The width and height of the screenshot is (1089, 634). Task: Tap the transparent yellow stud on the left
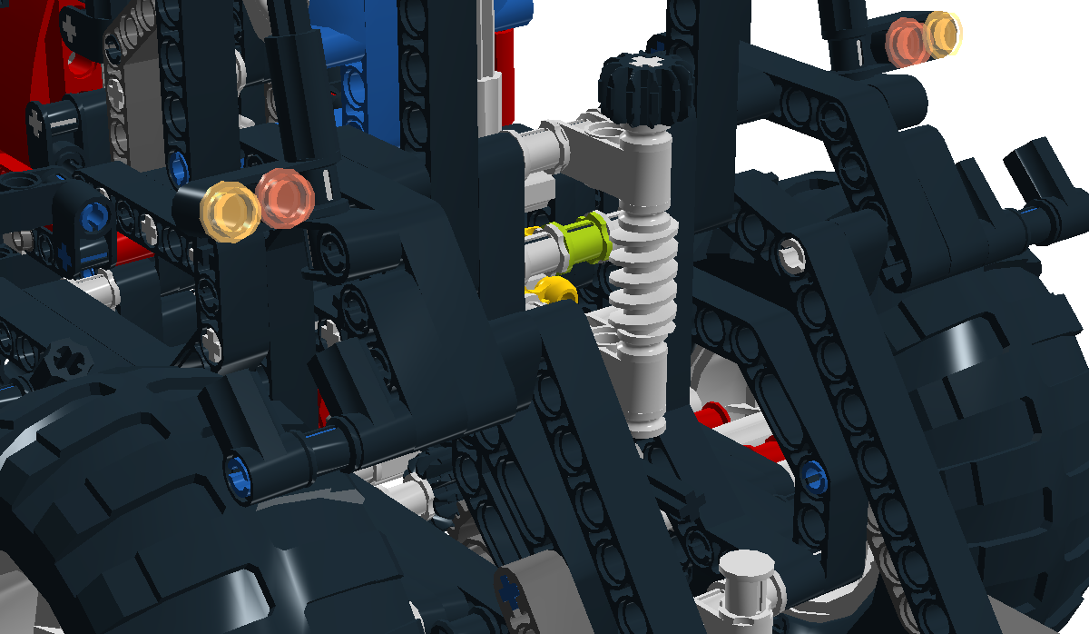(227, 210)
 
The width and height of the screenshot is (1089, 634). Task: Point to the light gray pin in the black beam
(792, 255)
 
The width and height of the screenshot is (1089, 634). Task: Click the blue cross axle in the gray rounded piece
(508, 591)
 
